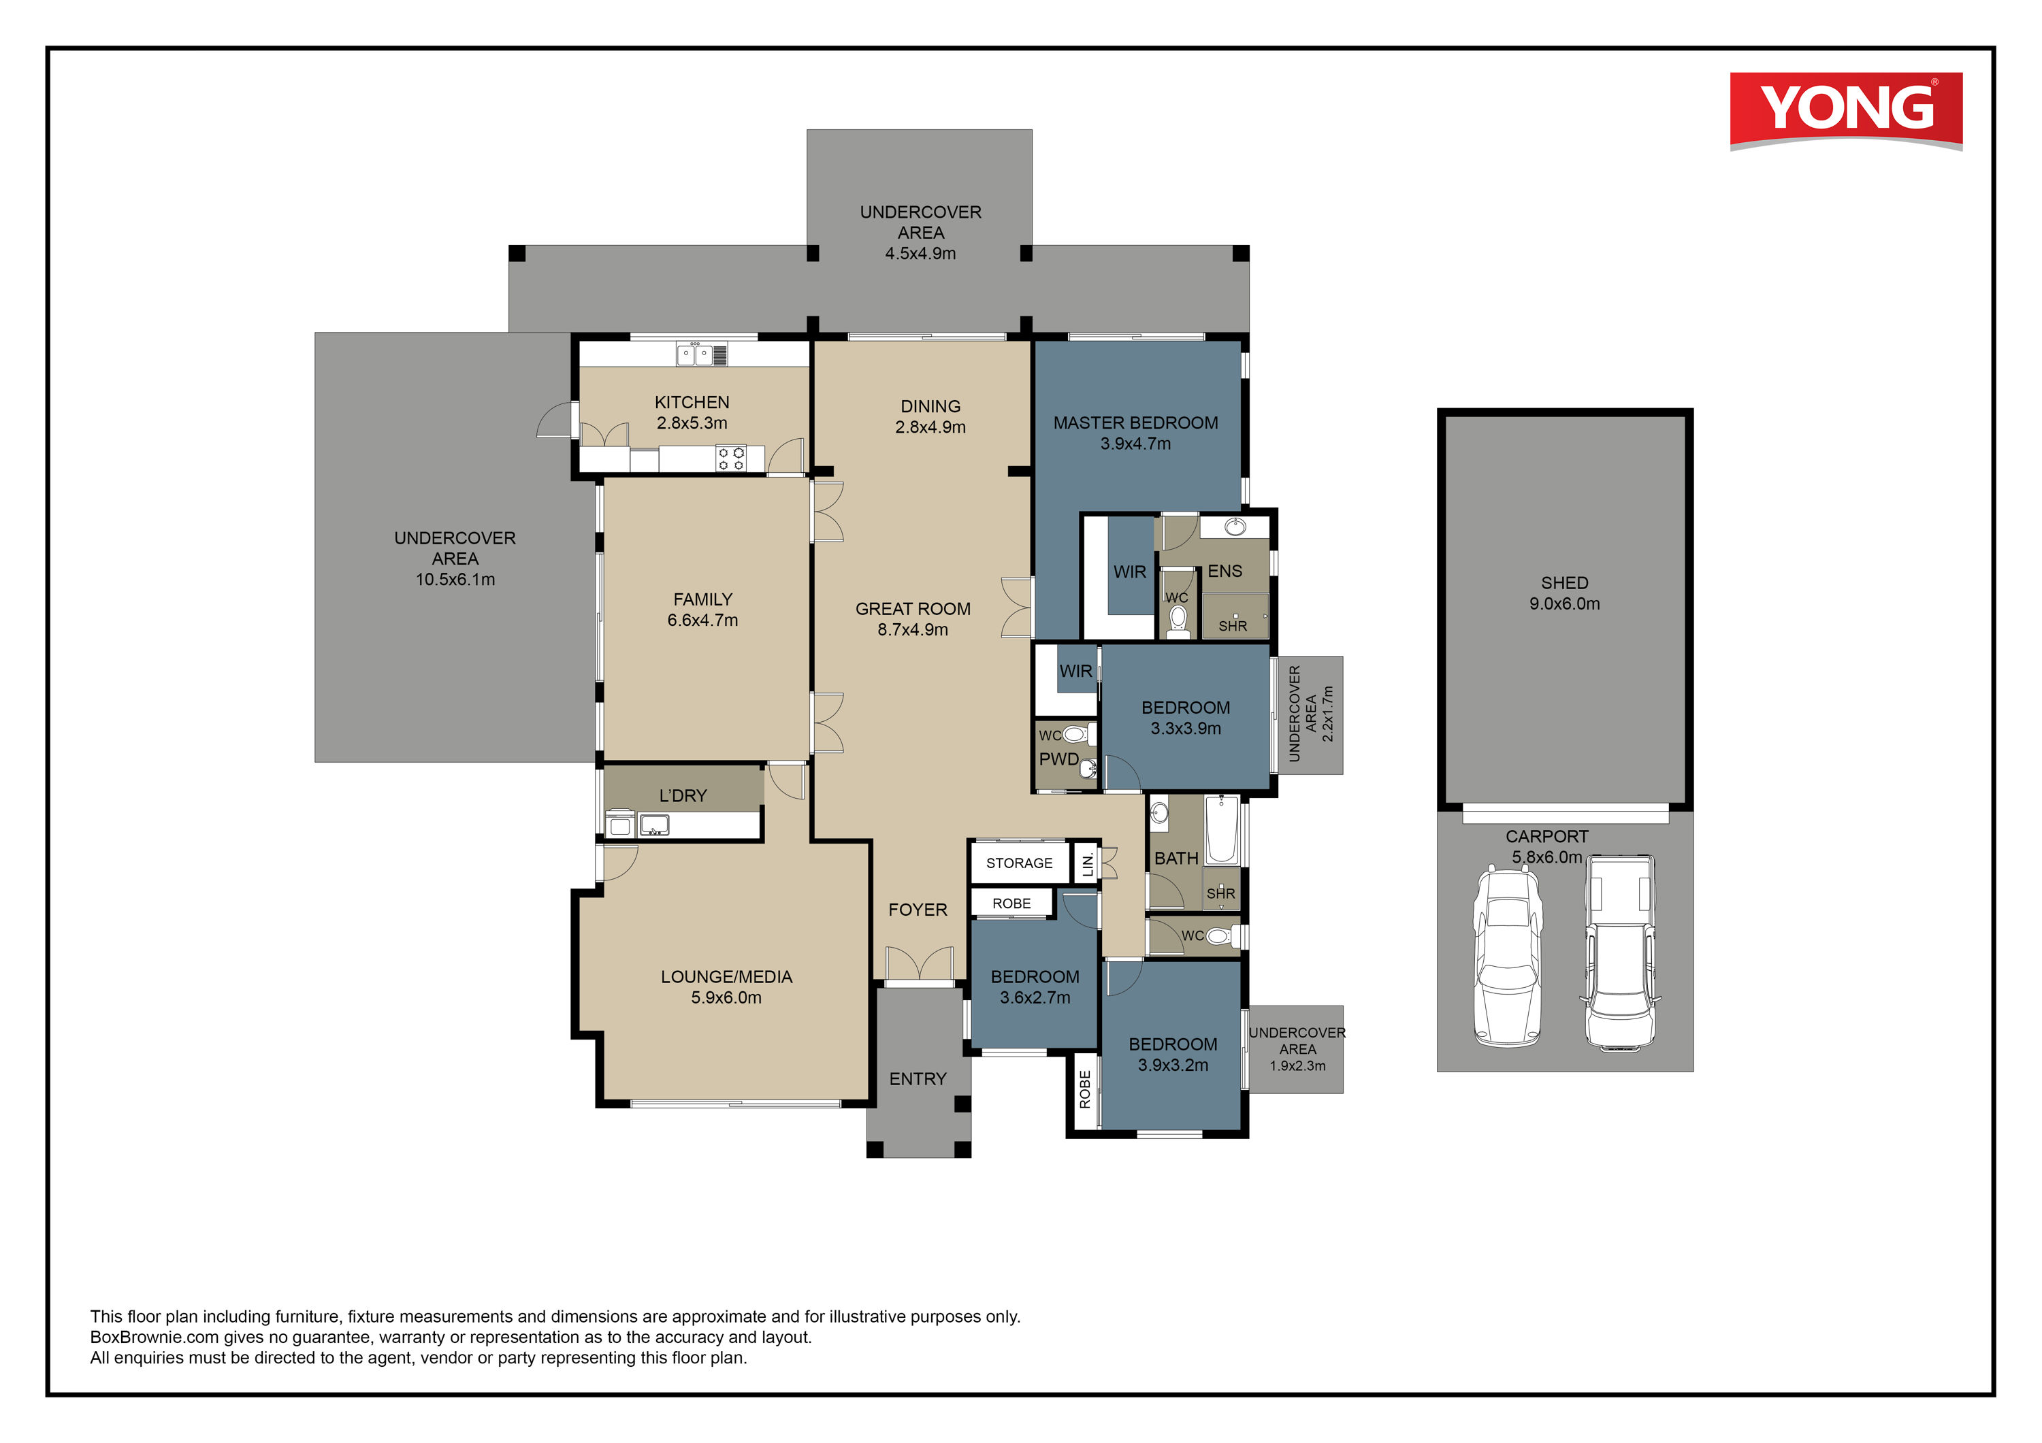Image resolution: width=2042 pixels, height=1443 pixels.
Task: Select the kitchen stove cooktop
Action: (x=731, y=459)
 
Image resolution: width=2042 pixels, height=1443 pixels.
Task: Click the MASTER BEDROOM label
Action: (x=1136, y=423)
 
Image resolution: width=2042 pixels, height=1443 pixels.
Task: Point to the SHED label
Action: (x=1564, y=583)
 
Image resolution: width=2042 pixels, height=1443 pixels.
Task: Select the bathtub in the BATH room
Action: (x=1222, y=829)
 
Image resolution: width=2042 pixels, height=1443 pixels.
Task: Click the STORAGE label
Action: (x=1019, y=863)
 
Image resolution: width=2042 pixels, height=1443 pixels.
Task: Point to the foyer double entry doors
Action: (x=920, y=965)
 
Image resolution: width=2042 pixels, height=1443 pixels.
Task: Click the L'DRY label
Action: (x=683, y=796)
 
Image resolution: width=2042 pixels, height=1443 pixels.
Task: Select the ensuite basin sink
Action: (x=1235, y=527)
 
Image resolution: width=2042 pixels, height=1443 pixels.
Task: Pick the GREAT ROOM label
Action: (x=913, y=609)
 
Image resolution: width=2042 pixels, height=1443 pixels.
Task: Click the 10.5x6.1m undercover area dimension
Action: (x=455, y=580)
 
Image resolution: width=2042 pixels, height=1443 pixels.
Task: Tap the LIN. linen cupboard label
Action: (x=1088, y=863)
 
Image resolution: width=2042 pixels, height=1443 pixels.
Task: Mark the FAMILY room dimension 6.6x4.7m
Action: (x=702, y=620)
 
